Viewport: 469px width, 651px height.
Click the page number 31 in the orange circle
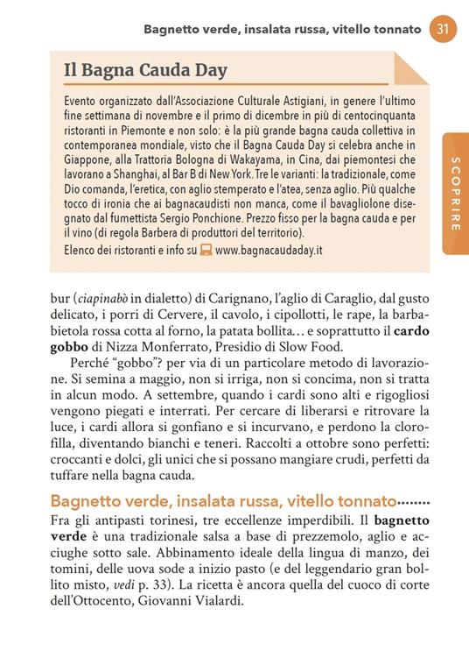pos(443,29)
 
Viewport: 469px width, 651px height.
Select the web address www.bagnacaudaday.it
pos(269,249)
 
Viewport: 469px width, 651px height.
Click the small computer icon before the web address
pos(206,249)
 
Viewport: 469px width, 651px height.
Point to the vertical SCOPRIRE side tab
pos(455,193)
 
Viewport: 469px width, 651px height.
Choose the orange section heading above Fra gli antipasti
pos(222,502)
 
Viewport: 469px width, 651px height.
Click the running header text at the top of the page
pos(283,30)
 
